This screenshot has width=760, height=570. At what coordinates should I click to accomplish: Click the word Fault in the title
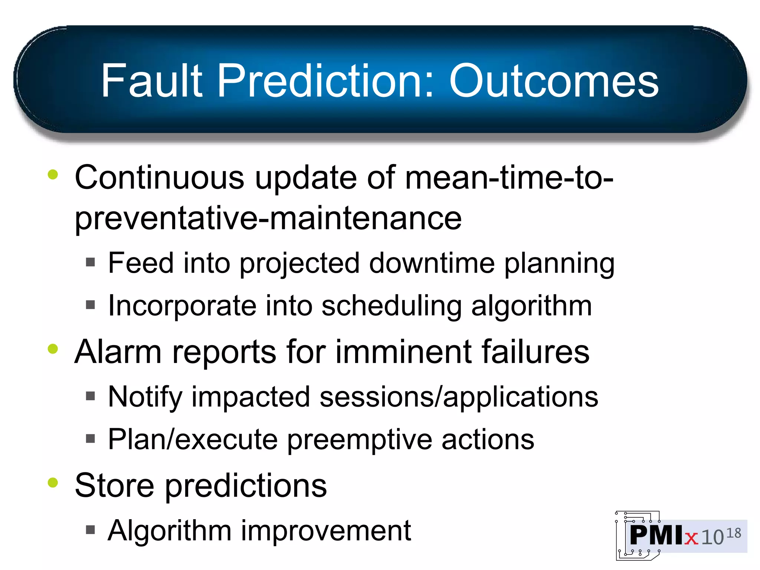pos(152,81)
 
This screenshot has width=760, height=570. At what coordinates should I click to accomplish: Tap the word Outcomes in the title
pos(554,81)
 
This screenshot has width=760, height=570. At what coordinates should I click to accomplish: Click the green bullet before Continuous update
pos(53,174)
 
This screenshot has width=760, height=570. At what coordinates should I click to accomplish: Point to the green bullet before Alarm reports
pos(53,349)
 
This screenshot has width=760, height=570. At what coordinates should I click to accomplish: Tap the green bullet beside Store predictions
pos(53,482)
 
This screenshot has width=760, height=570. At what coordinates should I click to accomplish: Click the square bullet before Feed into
pos(90,262)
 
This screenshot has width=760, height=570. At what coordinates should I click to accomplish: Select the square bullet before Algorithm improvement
pos(90,530)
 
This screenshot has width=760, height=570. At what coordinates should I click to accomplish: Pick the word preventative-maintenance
pos(268,219)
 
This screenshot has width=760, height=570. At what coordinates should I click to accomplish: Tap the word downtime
pos(432,263)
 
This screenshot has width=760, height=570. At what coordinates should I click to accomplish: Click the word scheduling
pos(391,306)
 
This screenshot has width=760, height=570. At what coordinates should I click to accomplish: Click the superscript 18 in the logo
pos(734,533)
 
